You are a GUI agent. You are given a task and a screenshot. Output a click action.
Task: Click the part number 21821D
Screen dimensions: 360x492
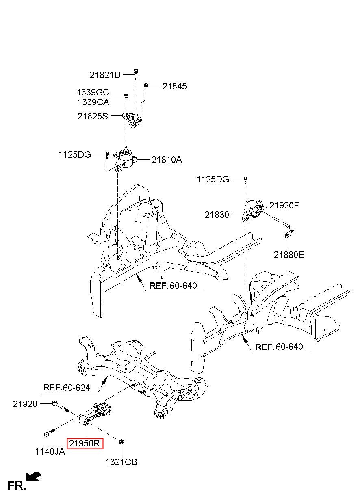click(105, 75)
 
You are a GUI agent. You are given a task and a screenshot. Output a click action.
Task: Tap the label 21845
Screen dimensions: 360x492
click(175, 86)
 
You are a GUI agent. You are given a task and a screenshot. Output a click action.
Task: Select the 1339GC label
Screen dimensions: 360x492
click(93, 93)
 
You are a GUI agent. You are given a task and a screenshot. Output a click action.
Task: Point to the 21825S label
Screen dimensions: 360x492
click(93, 116)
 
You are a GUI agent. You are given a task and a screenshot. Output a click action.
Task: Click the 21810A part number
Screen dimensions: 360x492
click(167, 160)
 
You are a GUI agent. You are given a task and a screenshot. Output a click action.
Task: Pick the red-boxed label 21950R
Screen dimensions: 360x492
click(85, 444)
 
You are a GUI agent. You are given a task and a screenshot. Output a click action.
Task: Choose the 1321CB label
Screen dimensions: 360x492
click(121, 462)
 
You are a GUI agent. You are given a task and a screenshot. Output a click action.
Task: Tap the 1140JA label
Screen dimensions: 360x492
click(50, 452)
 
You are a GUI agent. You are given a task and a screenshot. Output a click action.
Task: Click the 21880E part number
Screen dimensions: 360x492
click(289, 255)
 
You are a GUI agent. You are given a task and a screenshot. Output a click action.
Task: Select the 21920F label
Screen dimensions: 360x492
click(284, 206)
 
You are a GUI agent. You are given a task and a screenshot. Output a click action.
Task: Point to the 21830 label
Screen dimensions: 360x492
click(217, 215)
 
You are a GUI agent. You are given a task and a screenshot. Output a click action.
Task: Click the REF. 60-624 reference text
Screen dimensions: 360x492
click(67, 388)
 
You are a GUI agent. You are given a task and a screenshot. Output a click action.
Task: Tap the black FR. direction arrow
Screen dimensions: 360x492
click(34, 476)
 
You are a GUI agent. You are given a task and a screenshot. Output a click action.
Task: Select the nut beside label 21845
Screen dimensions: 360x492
click(146, 85)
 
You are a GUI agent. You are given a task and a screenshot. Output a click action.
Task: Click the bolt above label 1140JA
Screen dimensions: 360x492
click(49, 432)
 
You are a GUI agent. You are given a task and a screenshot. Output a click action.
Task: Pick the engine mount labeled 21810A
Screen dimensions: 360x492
click(125, 160)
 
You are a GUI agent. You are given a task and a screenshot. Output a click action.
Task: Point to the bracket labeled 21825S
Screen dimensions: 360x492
click(132, 120)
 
